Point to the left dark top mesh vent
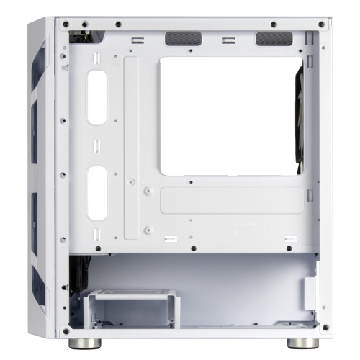[x=180, y=39]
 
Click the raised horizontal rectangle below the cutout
[x=232, y=200]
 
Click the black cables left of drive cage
[x=74, y=281]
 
